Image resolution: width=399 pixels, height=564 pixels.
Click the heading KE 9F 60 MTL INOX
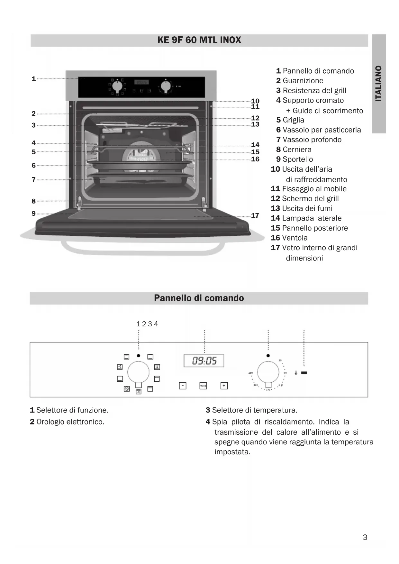tap(199, 40)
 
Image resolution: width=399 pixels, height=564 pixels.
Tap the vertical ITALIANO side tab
tap(379, 84)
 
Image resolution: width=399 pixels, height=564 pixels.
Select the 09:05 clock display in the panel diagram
tap(204, 361)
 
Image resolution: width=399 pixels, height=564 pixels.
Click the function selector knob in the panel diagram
tap(138, 372)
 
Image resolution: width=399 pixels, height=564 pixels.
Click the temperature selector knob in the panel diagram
tap(268, 372)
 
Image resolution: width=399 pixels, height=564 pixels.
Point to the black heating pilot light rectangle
tap(304, 373)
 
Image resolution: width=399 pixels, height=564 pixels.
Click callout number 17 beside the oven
tap(255, 215)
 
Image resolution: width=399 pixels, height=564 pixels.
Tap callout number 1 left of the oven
tap(33, 79)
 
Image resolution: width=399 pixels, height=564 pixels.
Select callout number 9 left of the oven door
tap(33, 214)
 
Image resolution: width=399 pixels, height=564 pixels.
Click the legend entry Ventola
tap(295, 238)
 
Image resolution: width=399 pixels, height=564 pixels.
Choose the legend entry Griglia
tap(293, 120)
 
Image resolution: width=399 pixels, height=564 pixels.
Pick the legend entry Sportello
tap(298, 159)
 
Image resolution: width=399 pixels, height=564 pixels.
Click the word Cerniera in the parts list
tap(297, 150)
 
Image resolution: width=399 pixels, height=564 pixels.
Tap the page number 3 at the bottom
tap(365, 537)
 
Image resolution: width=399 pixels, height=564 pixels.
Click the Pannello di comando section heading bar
tap(199, 298)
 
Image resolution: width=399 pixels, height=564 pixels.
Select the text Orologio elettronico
tap(70, 422)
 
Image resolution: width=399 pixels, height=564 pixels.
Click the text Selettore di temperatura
tap(255, 410)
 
